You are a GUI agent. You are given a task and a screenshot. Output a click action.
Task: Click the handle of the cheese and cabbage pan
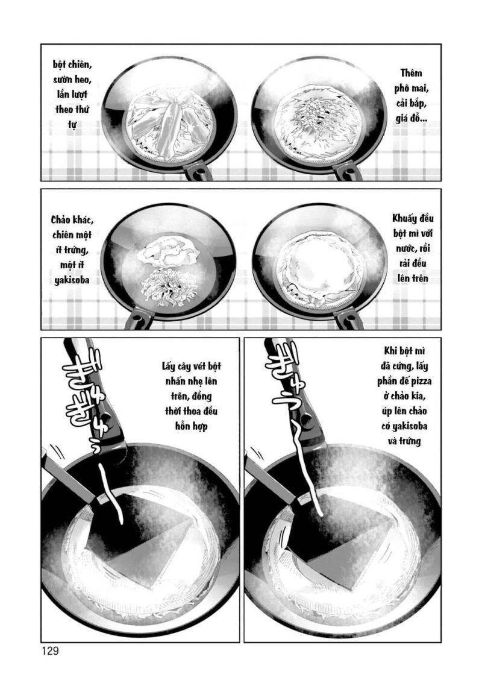(349, 172)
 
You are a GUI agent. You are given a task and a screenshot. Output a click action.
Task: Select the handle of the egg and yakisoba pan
(137, 319)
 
